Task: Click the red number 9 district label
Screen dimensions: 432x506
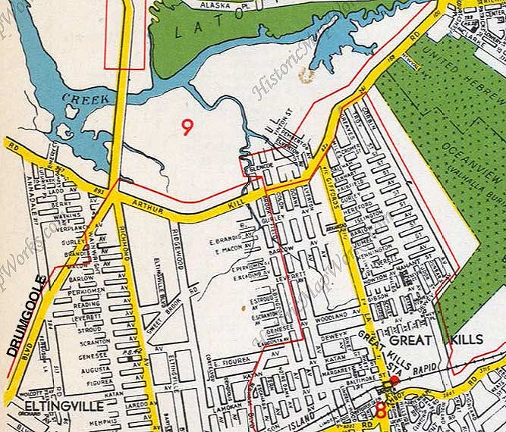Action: coord(187,127)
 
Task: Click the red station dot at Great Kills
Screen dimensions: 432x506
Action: coord(394,379)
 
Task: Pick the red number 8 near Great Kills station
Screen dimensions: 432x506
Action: coord(380,411)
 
